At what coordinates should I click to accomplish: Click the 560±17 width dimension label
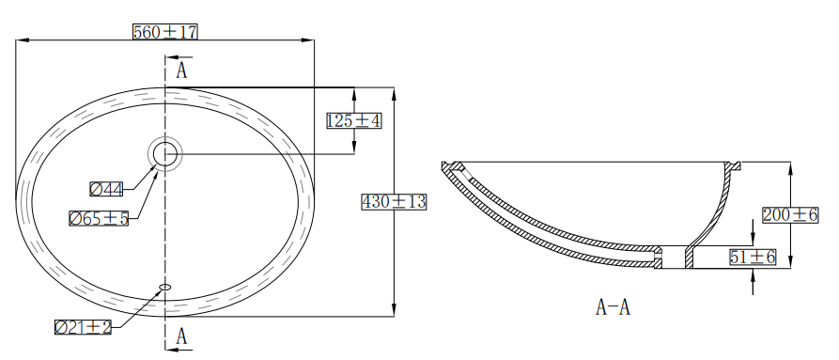click(165, 32)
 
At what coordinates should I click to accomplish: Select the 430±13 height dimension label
click(394, 202)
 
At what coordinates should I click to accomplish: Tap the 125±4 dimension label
click(353, 121)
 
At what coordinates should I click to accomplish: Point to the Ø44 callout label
click(106, 189)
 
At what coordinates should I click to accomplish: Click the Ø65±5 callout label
click(99, 218)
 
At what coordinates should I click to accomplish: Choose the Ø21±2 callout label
click(83, 327)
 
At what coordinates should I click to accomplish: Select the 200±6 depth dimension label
click(790, 215)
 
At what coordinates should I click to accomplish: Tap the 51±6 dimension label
click(753, 258)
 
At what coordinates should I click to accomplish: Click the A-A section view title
click(613, 307)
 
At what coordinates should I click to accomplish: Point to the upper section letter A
click(182, 70)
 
